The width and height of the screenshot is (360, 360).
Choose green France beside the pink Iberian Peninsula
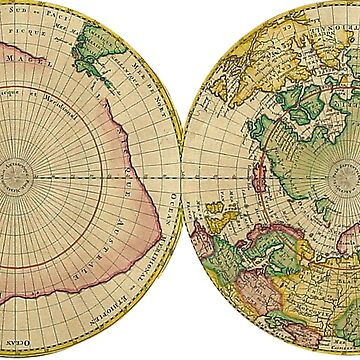coord(226,250)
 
